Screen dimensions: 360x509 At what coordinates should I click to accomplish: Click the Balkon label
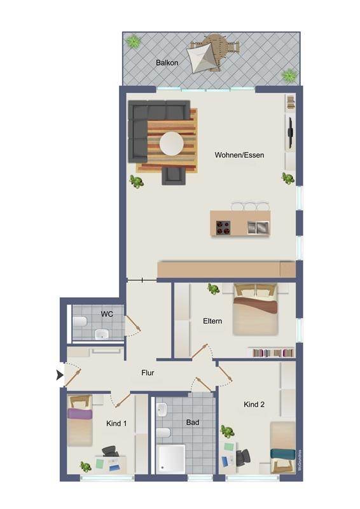(x=167, y=62)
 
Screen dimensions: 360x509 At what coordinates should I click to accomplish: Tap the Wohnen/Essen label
(x=239, y=155)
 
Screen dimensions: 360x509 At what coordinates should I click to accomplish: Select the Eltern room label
(x=212, y=321)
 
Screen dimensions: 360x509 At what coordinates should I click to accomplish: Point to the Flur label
(x=148, y=373)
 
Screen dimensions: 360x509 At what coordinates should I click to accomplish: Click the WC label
(x=107, y=314)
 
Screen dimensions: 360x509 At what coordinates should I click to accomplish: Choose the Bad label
(x=193, y=422)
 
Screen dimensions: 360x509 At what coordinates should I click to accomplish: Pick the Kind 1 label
(x=116, y=423)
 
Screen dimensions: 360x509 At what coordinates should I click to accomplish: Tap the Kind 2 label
(x=254, y=404)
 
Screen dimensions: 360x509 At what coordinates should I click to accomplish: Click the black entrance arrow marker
(x=60, y=375)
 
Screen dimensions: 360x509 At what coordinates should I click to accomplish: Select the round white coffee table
(x=172, y=144)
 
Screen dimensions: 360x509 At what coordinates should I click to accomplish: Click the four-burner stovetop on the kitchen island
(x=223, y=227)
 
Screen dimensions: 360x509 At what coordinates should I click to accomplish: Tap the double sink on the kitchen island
(x=258, y=227)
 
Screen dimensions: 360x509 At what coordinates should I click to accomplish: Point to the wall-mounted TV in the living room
(x=291, y=132)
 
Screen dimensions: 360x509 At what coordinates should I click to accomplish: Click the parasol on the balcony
(x=204, y=57)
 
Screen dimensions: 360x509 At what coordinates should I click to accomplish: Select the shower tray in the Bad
(x=170, y=459)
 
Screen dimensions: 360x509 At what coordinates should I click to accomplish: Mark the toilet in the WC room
(x=80, y=322)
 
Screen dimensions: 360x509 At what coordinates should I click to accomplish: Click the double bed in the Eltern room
(x=256, y=309)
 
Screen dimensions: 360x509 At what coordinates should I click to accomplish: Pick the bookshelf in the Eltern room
(x=271, y=352)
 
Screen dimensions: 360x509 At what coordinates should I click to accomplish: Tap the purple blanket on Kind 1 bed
(x=80, y=414)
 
